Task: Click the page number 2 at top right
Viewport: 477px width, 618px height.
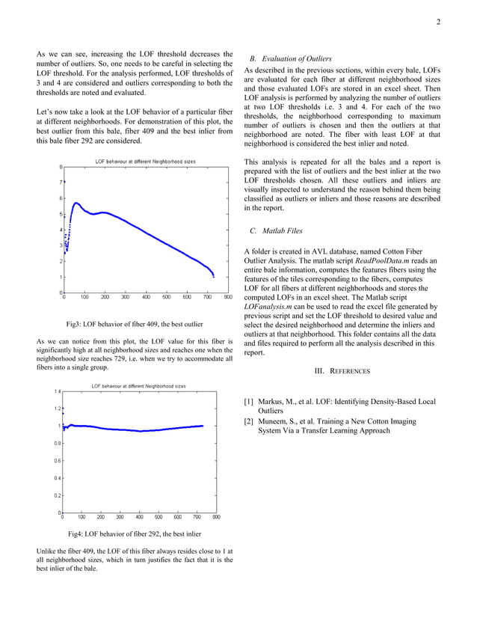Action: coord(439,22)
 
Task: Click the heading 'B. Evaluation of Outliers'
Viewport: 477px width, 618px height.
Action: coord(291,58)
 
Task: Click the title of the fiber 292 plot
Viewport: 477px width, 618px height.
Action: coord(138,385)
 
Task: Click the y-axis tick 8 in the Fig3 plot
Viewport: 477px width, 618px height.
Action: coord(60,167)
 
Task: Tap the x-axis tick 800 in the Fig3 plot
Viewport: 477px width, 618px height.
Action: coord(227,297)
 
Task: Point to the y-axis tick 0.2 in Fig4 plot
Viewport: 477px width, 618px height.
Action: coord(57,495)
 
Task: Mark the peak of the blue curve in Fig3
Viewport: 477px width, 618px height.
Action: coord(76,203)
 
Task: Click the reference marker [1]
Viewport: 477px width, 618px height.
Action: coord(249,402)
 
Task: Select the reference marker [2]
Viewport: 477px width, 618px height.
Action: coord(249,421)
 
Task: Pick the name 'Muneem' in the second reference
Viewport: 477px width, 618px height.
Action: coord(275,421)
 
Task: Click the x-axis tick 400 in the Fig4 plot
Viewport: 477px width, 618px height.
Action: coord(140,517)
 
